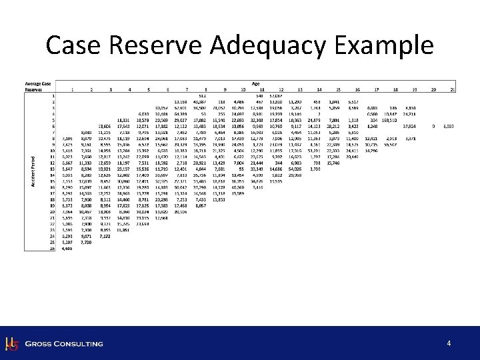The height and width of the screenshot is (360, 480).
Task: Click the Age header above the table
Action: point(256,83)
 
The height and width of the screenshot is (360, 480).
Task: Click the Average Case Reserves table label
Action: point(37,86)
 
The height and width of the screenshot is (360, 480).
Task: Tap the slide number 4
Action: point(449,343)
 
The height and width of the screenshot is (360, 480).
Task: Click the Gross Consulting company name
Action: point(64,344)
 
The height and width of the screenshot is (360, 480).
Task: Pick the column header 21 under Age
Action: point(453,89)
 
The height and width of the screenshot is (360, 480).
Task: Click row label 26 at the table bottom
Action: point(51,248)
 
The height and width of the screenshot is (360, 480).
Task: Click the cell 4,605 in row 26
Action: point(66,248)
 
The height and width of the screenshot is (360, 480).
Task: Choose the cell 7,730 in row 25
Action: point(85,243)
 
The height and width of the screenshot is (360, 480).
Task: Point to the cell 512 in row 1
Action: point(202,95)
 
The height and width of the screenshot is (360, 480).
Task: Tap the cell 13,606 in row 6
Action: point(104,125)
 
